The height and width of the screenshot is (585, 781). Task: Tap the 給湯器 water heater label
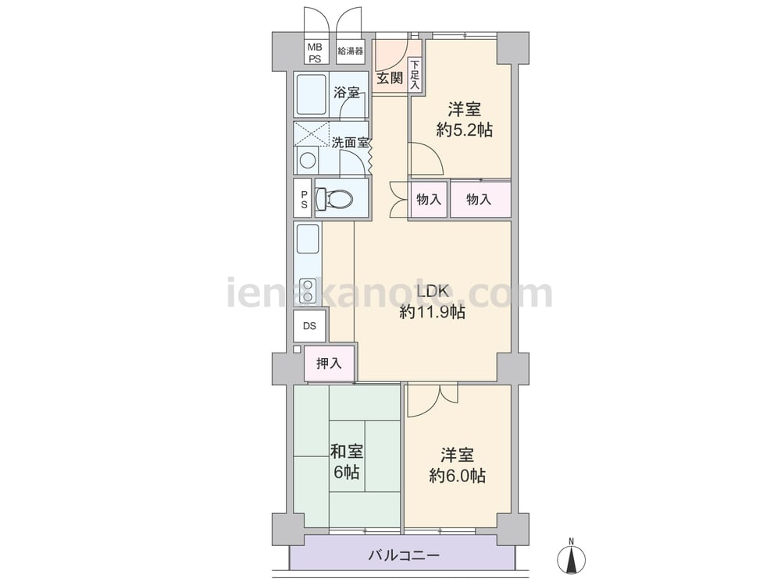(350, 51)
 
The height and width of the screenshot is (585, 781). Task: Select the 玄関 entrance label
(389, 79)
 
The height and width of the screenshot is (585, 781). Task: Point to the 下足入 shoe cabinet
(415, 75)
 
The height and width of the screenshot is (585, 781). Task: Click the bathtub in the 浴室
(310, 94)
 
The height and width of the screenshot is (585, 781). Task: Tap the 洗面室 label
(350, 143)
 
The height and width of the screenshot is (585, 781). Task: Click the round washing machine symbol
(307, 161)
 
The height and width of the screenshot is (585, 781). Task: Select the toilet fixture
(335, 198)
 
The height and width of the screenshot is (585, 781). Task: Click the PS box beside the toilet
(303, 197)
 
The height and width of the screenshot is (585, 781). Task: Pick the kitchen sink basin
(308, 239)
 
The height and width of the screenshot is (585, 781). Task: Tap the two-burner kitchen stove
(308, 290)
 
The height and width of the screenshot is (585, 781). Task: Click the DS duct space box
(309, 326)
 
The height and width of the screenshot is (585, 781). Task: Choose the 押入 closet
(330, 363)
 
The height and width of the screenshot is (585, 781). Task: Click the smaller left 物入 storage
(429, 200)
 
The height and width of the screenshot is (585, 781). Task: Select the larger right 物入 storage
(480, 200)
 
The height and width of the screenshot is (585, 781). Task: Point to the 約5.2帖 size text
(464, 130)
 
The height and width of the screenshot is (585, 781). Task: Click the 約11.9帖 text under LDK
(433, 313)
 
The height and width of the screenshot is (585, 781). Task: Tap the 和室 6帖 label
(347, 462)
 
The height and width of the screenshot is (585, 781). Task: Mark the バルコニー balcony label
(404, 555)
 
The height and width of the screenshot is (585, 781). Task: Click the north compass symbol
(572, 558)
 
